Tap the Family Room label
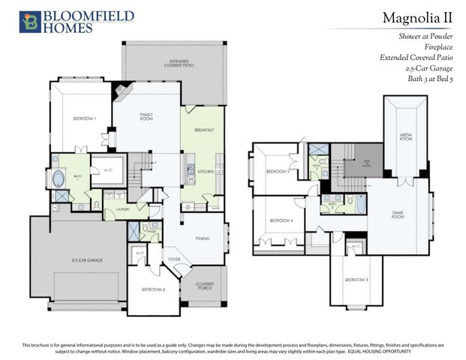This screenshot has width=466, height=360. tap(146, 116)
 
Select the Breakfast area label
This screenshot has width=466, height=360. tap(203, 130)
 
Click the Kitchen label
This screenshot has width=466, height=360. tap(206, 172)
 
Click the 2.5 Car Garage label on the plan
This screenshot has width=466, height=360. tap(88, 260)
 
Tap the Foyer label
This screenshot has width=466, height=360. tap(174, 259)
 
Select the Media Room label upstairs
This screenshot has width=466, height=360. tap(405, 137)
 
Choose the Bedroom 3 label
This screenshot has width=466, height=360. tap(356, 279)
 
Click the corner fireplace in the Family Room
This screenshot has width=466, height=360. tap(121, 92)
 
